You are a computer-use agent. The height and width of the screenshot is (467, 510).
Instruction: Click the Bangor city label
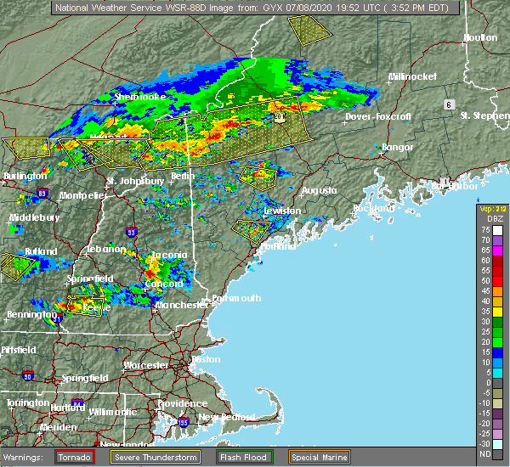coord(398,147)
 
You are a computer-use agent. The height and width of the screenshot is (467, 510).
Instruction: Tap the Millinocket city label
coord(412,76)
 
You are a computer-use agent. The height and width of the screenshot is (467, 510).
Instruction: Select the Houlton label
coord(480,37)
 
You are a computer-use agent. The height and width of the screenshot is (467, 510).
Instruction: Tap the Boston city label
coord(207,359)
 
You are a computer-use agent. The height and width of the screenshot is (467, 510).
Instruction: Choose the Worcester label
coord(145,365)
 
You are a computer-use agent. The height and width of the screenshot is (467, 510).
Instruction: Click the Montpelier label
coord(82,195)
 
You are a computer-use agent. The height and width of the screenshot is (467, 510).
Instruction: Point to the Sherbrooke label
coord(139,98)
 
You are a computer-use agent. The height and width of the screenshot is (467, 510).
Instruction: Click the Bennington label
coord(27,315)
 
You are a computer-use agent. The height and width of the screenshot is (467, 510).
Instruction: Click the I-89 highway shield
coord(42,194)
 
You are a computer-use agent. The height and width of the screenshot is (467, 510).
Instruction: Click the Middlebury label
coord(30,217)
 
